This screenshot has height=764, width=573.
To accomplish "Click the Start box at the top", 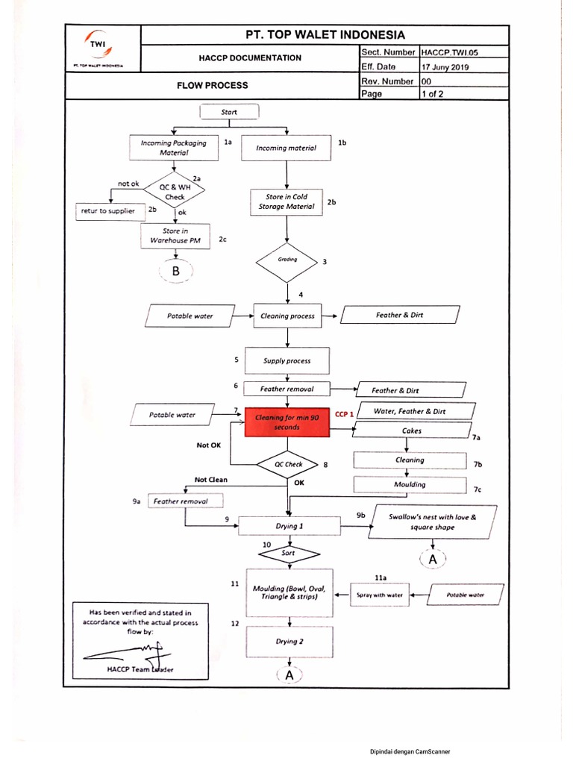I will pyautogui.click(x=229, y=112).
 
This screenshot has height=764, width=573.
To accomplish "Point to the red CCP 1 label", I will pyautogui.click(x=344, y=414).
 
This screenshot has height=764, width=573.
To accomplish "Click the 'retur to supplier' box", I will pyautogui.click(x=108, y=211).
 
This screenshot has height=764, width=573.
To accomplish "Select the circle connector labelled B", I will pyautogui.click(x=175, y=273).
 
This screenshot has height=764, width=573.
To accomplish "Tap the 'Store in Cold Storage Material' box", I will pyautogui.click(x=286, y=201).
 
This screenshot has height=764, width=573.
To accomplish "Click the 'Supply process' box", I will pyautogui.click(x=286, y=360).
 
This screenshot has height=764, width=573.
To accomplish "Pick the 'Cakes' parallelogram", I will pyautogui.click(x=410, y=431).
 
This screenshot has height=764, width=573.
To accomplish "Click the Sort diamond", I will pyautogui.click(x=288, y=554).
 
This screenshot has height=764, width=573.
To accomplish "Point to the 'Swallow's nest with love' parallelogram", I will pyautogui.click(x=431, y=522).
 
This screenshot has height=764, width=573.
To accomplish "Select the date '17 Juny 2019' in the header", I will pyautogui.click(x=445, y=67).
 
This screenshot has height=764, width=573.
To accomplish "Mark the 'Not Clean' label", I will pyautogui.click(x=210, y=480).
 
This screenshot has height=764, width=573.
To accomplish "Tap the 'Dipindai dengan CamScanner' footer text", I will pyautogui.click(x=410, y=752).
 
